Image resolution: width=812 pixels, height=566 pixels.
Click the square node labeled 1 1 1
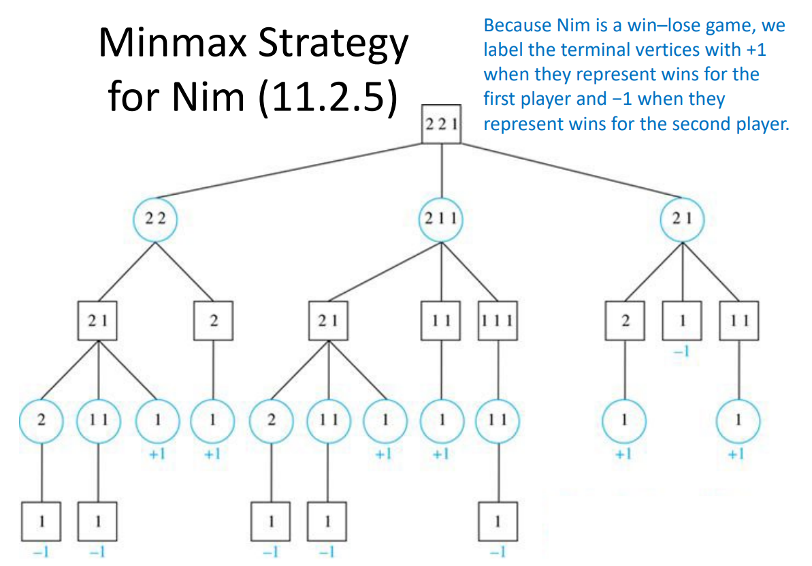(x=498, y=321)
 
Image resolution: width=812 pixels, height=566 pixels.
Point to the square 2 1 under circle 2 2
(x=99, y=321)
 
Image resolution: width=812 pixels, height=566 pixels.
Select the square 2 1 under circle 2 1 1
(x=328, y=321)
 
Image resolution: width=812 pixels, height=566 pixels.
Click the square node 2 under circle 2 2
(x=214, y=321)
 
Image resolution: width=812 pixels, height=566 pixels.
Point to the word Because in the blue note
(x=514, y=26)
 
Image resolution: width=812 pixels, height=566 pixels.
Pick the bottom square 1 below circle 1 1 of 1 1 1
(x=498, y=522)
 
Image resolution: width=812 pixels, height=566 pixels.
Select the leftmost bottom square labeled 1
(x=42, y=522)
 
